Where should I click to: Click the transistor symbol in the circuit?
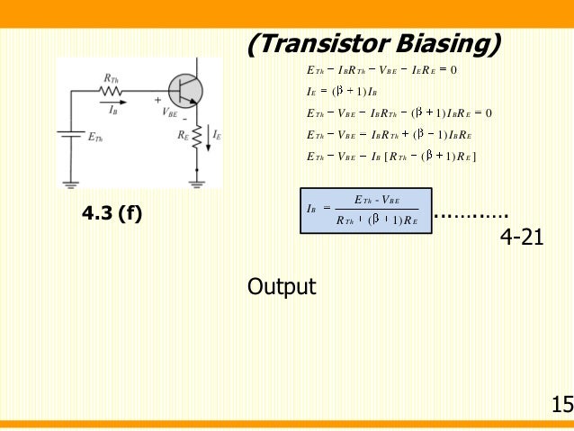click(186, 90)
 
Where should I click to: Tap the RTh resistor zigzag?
click(112, 91)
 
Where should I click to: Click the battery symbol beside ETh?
click(69, 136)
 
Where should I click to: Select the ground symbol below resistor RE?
click(196, 183)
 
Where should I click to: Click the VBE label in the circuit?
click(170, 113)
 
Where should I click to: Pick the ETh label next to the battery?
click(94, 138)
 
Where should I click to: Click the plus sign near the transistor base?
click(158, 100)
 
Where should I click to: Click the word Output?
click(282, 287)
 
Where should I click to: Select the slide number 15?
click(561, 404)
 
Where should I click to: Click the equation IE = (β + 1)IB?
click(346, 91)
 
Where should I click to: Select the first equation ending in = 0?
click(382, 69)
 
